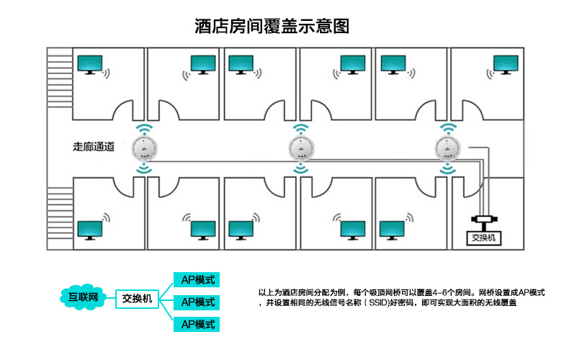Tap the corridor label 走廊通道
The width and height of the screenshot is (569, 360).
94,147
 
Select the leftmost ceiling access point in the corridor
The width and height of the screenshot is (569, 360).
145,149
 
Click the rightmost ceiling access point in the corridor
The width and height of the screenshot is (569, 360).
449,149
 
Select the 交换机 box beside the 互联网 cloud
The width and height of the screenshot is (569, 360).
136,297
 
